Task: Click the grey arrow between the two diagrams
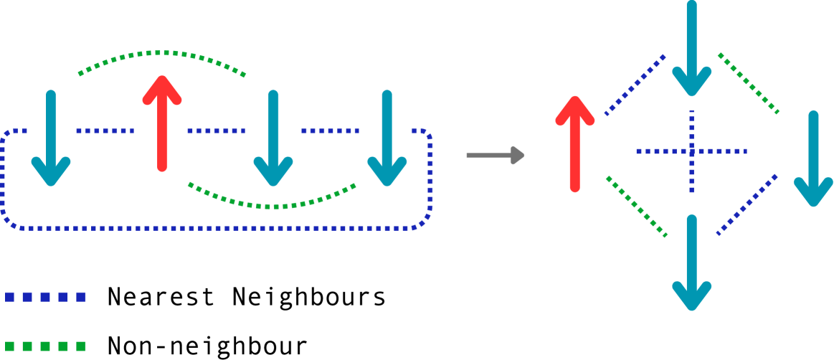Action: pyautogui.click(x=495, y=155)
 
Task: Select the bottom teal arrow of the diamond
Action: pyautogui.click(x=691, y=262)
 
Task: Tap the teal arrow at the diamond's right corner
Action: pyautogui.click(x=813, y=159)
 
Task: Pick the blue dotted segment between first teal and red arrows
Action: pyautogui.click(x=105, y=131)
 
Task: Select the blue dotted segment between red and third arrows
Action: pyautogui.click(x=216, y=131)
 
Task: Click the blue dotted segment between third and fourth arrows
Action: pyautogui.click(x=330, y=131)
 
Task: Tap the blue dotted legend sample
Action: pyautogui.click(x=45, y=297)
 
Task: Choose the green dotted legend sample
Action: pyautogui.click(x=45, y=346)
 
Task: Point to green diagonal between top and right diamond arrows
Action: pyautogui.click(x=748, y=83)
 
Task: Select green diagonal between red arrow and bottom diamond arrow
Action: pyautogui.click(x=636, y=207)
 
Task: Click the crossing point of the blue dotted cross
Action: pyautogui.click(x=691, y=151)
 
